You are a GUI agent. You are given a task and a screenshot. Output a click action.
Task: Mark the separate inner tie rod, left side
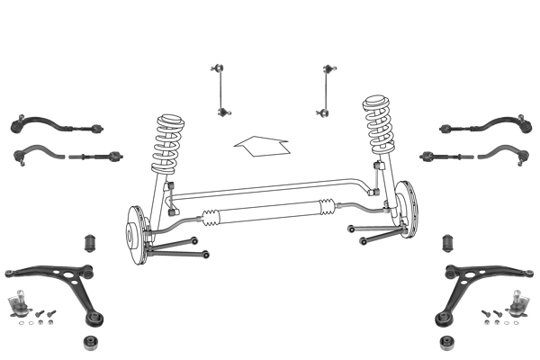pos(94,158)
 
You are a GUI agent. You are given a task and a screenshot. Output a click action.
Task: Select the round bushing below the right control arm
pos(445,342)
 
